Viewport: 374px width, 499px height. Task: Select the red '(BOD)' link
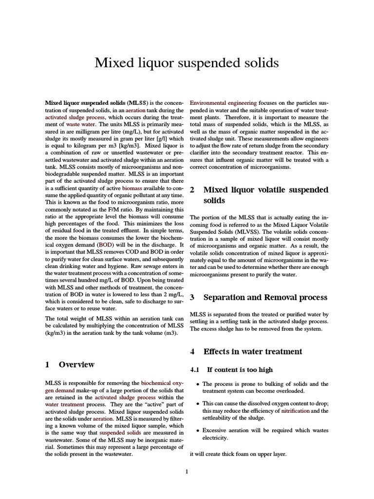[x=107, y=244]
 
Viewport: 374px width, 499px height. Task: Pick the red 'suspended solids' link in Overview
[x=120, y=432]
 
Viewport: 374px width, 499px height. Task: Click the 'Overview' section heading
[x=76, y=365]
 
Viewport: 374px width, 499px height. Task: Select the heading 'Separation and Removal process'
[x=265, y=297]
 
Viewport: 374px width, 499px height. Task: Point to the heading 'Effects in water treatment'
[x=252, y=351]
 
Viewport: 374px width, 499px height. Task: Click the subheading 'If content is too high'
[x=240, y=370]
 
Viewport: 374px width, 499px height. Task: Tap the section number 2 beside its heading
[x=192, y=190]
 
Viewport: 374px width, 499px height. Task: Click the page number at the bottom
[x=187, y=471]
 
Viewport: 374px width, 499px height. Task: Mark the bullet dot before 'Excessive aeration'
[x=197, y=431]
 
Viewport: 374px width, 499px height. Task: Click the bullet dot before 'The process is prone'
[x=197, y=384]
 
